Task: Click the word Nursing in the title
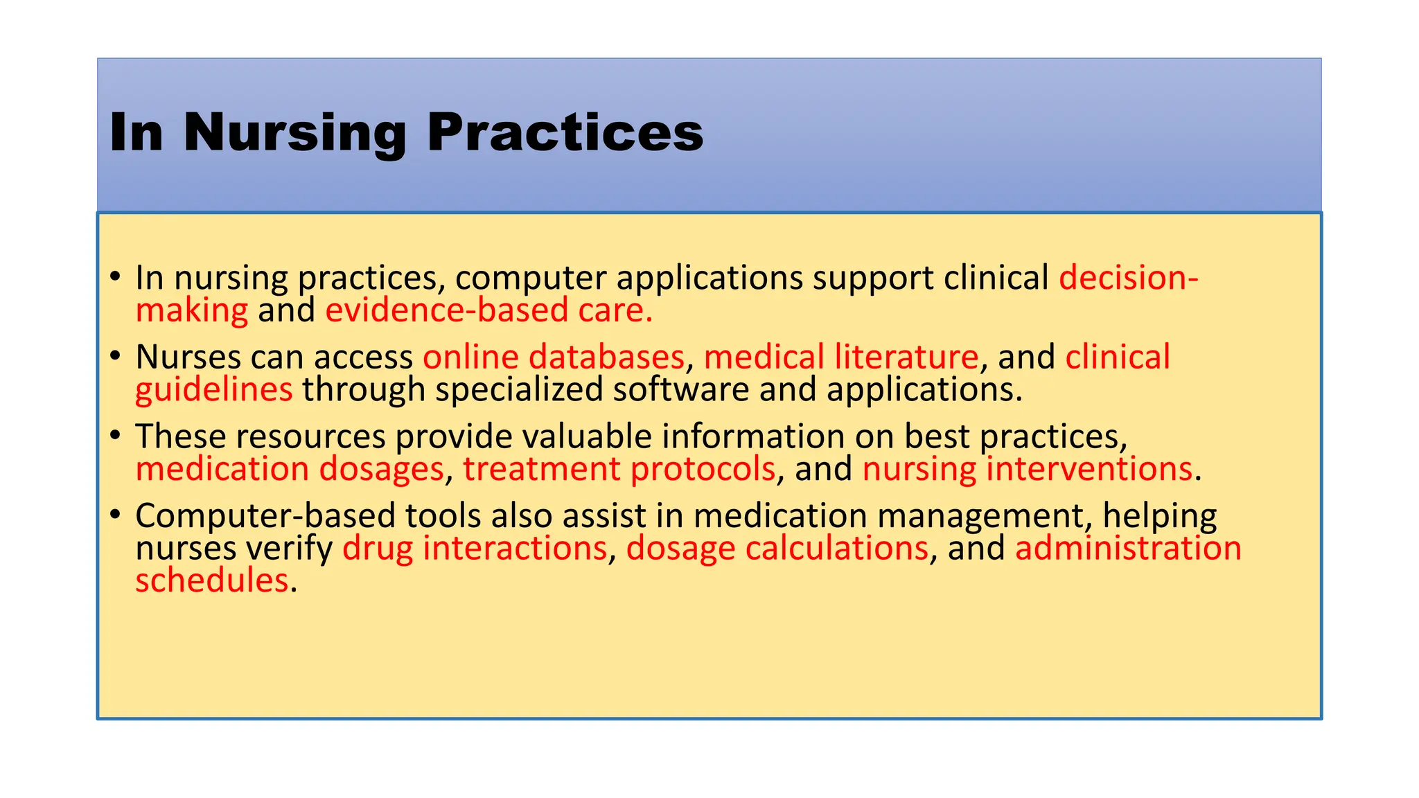(294, 133)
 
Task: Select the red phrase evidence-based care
(488, 310)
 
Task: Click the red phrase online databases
(554, 357)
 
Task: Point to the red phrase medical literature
(841, 357)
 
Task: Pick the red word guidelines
(213, 390)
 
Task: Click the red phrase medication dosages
(289, 470)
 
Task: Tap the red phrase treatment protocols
(619, 470)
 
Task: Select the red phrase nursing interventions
(1027, 470)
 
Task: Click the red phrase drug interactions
(475, 549)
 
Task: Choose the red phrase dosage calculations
(777, 549)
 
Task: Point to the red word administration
(1128, 549)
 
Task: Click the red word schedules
(211, 580)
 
